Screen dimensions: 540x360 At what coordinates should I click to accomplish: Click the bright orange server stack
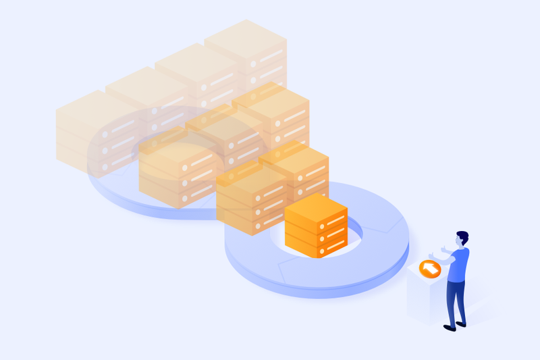coord(316,226)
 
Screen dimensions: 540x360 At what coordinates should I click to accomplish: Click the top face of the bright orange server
coord(316,205)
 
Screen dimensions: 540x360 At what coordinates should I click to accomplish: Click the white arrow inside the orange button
coord(429,269)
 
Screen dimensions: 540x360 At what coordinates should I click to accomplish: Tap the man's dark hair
coord(463,236)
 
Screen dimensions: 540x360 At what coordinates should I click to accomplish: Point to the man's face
coord(459,242)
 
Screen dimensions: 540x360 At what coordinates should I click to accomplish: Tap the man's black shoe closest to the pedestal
coord(448,328)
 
